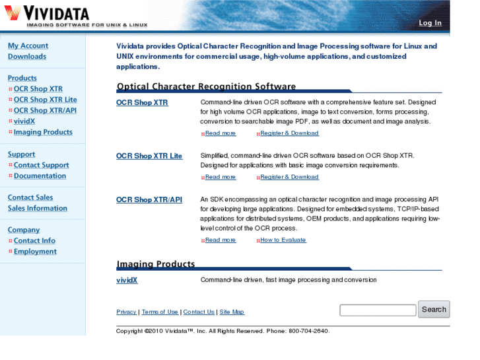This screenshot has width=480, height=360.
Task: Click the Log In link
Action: pos(430,23)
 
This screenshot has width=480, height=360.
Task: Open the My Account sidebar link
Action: pos(28,46)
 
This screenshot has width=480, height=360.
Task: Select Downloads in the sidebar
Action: pos(27,57)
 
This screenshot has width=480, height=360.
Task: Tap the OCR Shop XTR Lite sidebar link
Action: pos(45,100)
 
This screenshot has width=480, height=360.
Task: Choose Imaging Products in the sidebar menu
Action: pos(43,132)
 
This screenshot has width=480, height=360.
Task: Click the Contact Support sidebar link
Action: pos(41,165)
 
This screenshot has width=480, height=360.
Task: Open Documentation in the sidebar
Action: pos(40,176)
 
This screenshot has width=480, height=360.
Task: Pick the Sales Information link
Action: pos(38,208)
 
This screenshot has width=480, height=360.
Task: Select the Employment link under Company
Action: pos(35,252)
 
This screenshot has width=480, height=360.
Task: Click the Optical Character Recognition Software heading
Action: pos(206,87)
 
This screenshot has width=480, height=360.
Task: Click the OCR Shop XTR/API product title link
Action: pos(149,199)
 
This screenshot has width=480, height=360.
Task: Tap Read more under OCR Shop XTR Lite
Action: pos(221,177)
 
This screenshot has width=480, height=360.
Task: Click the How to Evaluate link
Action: pos(283,240)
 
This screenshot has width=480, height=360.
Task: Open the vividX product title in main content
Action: pos(127,280)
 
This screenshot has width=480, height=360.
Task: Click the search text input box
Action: pos(378,310)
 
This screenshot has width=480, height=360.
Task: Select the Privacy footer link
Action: pos(126,312)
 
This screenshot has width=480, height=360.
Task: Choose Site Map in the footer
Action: pos(232,312)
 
